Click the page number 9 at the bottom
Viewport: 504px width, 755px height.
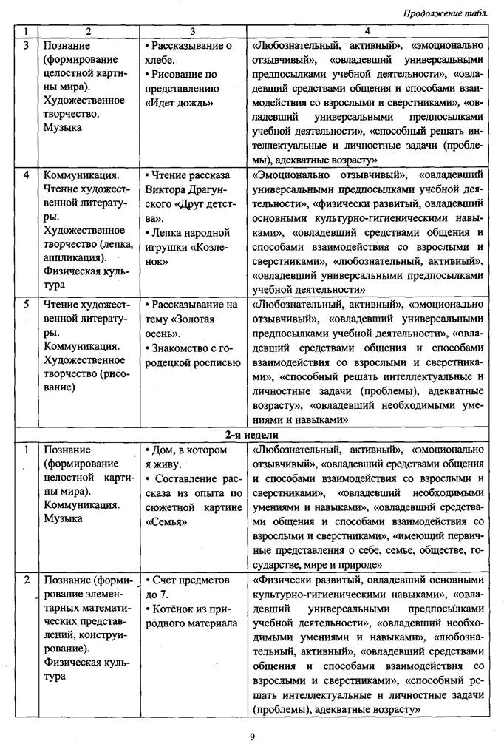pyautogui.click(x=252, y=736)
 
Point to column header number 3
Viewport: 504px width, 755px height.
pyautogui.click(x=193, y=32)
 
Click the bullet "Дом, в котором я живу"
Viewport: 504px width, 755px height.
pyautogui.click(x=185, y=456)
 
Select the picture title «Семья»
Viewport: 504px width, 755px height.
pyautogui.click(x=165, y=521)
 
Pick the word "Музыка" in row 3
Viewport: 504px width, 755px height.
pyautogui.click(x=62, y=126)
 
